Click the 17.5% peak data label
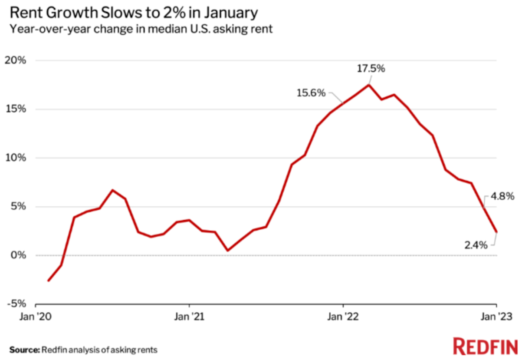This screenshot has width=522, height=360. tap(371, 69)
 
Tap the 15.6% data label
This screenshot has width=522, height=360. tap(311, 93)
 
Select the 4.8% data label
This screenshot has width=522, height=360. tap(502, 196)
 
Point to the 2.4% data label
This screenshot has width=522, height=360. tap(476, 245)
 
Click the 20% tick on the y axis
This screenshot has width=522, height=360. tap(15, 60)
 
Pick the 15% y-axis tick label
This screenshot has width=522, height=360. tap(16, 109)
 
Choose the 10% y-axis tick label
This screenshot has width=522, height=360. tap(16, 158)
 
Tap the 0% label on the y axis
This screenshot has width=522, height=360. tap(18, 255)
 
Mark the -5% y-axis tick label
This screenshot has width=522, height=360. tap(16, 304)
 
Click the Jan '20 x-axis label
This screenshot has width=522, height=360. tap(36, 317)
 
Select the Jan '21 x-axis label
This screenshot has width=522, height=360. tap(189, 317)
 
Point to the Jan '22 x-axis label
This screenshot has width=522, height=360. tap(343, 317)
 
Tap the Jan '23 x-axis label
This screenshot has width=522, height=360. tap(497, 317)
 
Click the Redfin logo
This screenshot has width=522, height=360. tap(485, 347)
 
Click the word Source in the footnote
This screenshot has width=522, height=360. tap(25, 350)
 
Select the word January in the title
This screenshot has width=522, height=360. tap(231, 13)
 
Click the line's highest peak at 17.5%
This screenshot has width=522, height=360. tap(369, 85)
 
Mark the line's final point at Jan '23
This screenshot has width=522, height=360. tap(496, 232)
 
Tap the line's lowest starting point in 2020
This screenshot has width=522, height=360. tap(48, 281)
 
